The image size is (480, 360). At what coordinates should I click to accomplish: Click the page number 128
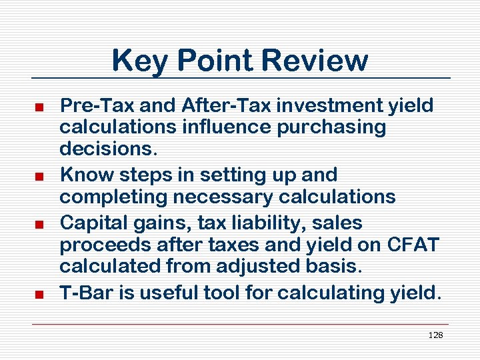[435, 335]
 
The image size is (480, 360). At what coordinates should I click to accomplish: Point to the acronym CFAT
[413, 245]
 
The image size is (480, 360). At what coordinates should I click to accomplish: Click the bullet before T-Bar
[39, 294]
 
